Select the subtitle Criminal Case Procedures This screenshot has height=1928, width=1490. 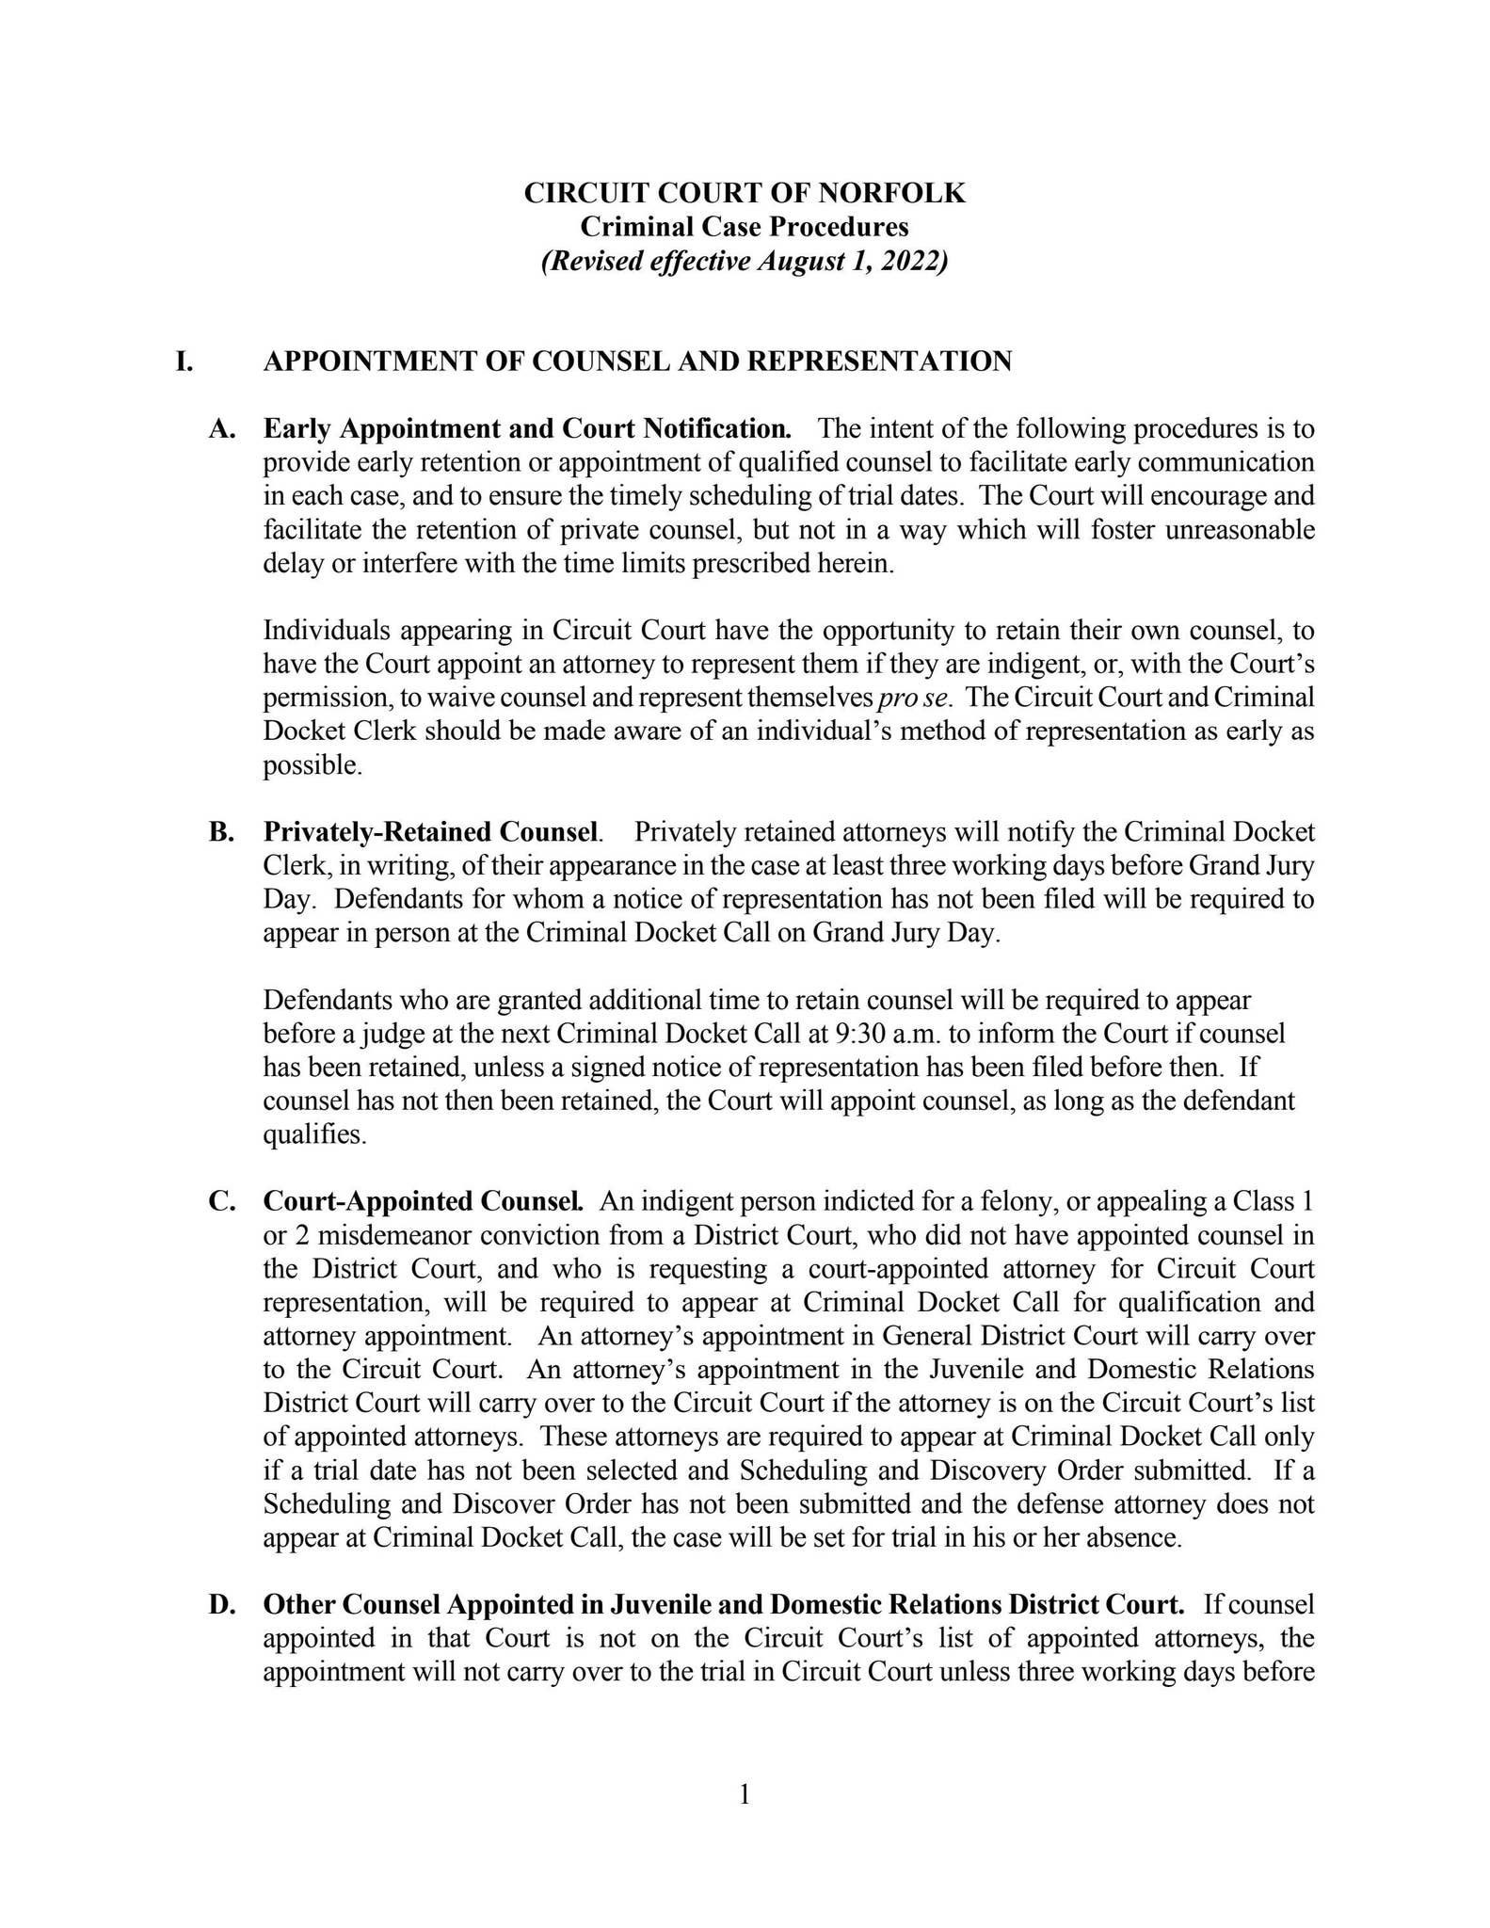(744, 227)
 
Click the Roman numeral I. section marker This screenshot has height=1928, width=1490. (184, 361)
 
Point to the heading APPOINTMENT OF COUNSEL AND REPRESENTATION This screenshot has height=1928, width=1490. (637, 361)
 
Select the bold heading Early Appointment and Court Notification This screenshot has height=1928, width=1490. (527, 429)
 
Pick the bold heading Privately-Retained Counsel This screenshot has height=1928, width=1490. (431, 832)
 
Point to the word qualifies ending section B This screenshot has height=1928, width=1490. (312, 1135)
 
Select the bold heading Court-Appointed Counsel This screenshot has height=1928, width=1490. (424, 1202)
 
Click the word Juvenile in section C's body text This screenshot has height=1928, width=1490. (1013, 1370)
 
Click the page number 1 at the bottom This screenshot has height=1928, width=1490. (745, 1795)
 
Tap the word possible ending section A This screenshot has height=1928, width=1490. (312, 766)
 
